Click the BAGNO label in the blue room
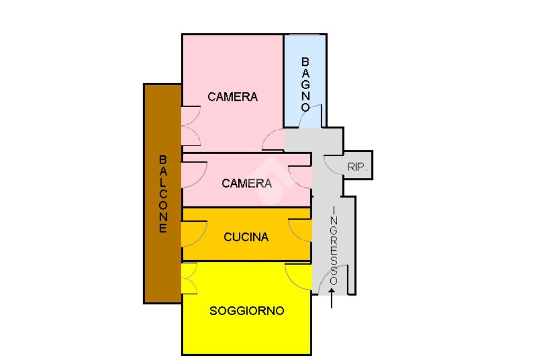305,83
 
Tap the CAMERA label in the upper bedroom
232,97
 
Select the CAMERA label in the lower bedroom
247,183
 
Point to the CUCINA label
246,237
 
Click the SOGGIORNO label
247,311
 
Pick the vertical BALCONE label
163,194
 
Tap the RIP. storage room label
358,167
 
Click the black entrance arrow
332,298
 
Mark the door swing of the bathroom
310,116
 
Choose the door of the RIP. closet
334,164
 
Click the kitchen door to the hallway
301,231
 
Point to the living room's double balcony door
189,279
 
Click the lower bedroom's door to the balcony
193,173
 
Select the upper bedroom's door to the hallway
274,139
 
